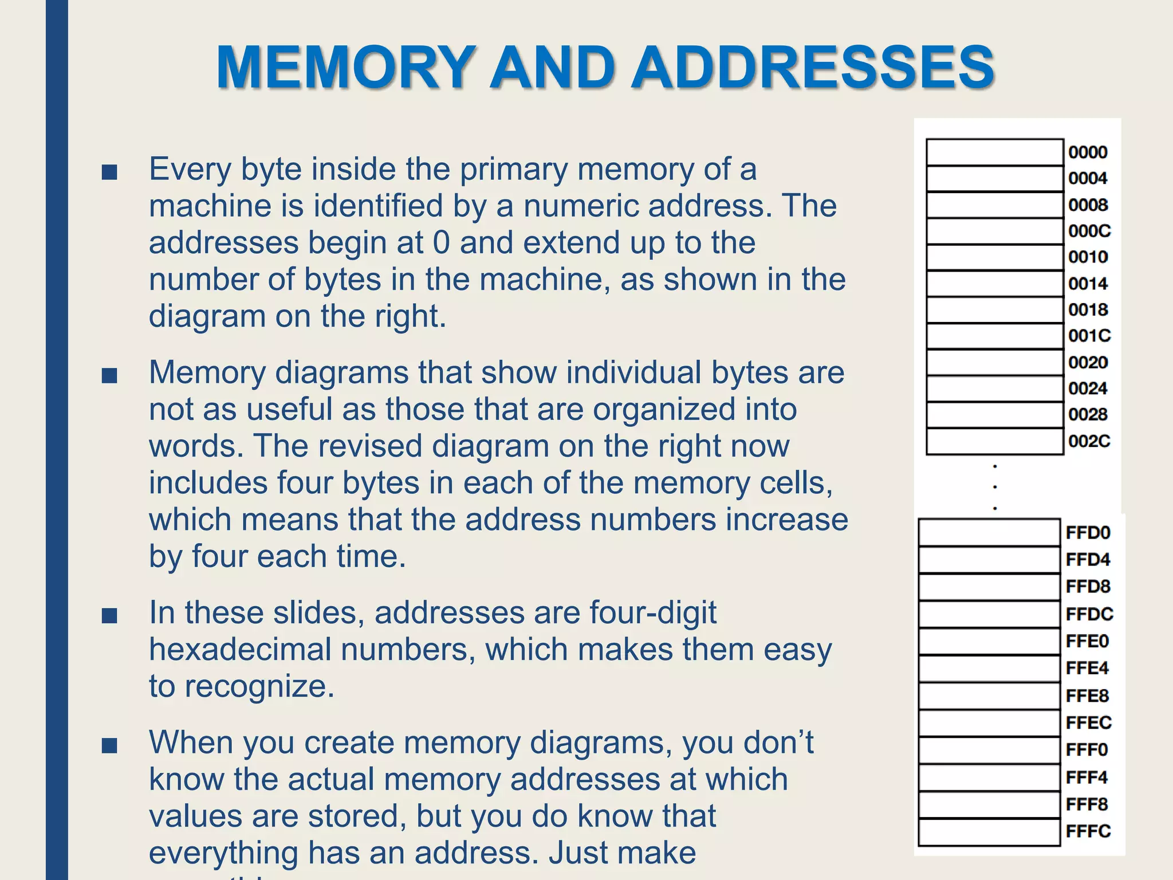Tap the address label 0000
(1087, 152)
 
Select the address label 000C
(1089, 231)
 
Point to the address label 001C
(1089, 336)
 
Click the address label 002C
(1089, 441)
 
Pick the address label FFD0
(1088, 533)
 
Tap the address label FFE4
(1087, 668)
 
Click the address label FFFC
(1088, 831)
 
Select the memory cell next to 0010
(994, 257)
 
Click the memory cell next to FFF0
(989, 750)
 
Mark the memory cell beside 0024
(994, 388)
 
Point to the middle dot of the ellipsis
(995, 487)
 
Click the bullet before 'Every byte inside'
(109, 171)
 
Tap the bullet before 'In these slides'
(109, 615)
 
